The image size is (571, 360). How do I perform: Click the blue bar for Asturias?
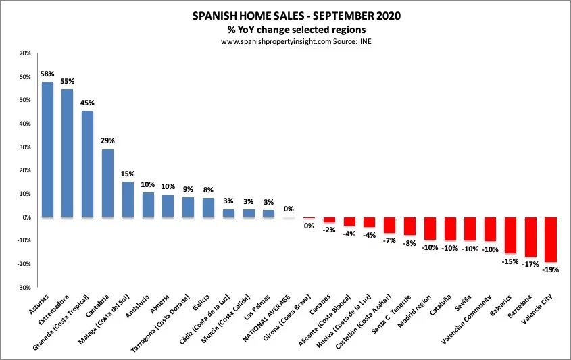47,149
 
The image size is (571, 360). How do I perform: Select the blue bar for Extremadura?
68,153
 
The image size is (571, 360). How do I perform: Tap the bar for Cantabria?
107,183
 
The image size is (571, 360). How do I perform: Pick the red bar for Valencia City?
551,240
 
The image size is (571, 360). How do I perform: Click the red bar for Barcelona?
530,237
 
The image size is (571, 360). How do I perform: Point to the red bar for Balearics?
511,235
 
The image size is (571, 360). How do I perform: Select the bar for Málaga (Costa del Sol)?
128,199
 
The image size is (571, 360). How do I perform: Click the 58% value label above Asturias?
47,73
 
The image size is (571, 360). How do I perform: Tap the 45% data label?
88,103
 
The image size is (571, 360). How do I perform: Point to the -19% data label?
551,269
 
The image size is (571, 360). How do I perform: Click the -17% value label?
530,264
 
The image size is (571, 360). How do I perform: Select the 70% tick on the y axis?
25,53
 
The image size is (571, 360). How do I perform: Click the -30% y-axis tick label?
24,287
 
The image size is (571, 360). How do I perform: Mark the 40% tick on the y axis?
25,124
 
